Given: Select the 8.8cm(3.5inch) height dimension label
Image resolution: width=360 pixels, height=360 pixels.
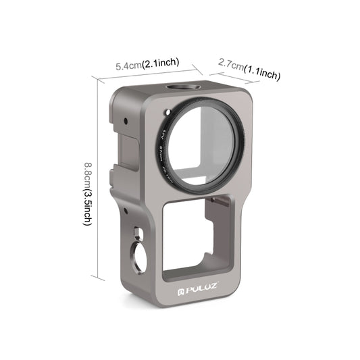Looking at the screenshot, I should point(88,192).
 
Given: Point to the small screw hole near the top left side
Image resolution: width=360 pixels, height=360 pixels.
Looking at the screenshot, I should point(126,122).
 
